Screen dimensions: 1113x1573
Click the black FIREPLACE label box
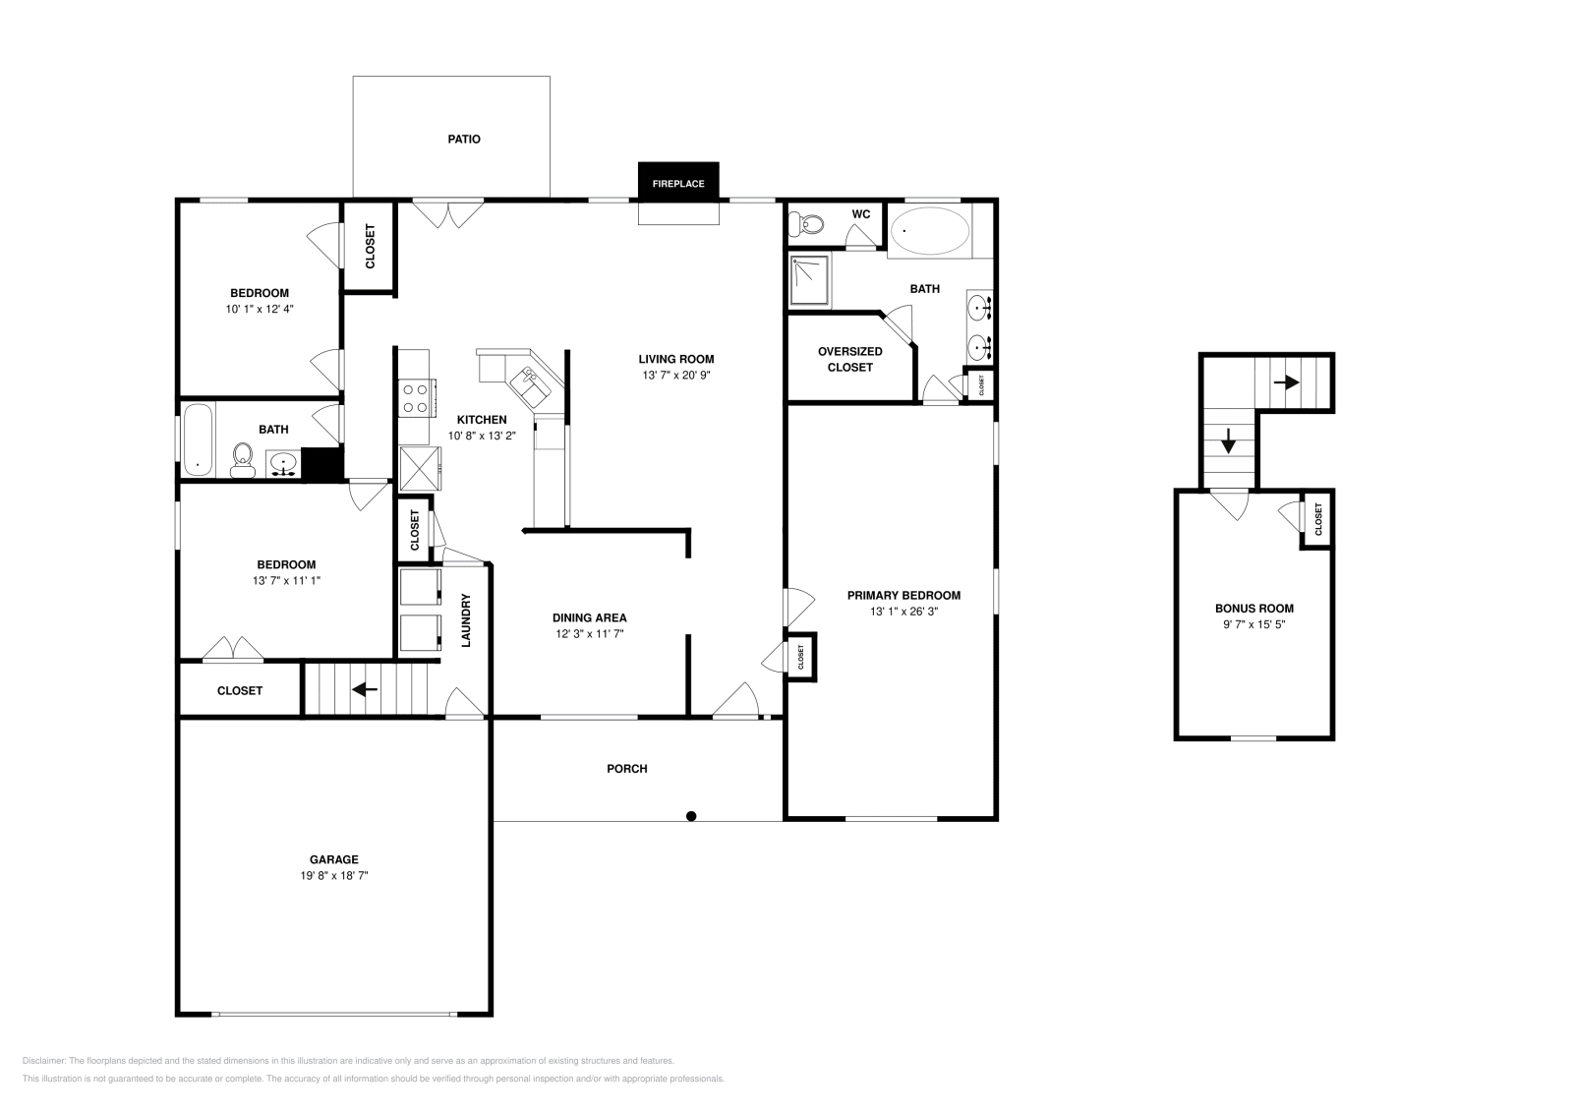[x=678, y=183]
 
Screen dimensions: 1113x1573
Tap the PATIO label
[x=464, y=140]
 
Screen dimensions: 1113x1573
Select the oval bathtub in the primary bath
[x=929, y=231]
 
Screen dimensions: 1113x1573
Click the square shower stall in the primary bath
[x=810, y=279]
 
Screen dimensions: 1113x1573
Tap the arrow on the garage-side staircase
[x=366, y=689]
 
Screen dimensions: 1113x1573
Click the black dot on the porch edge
[x=691, y=816]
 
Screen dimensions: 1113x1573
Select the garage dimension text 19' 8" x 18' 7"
[x=334, y=875]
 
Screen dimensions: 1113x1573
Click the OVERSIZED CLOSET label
[x=849, y=359]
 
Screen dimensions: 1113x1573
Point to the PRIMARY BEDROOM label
[x=903, y=595]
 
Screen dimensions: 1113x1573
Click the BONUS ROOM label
[x=1253, y=609]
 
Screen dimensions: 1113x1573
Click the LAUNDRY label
[x=467, y=620]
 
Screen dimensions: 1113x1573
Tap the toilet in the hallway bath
[x=242, y=459]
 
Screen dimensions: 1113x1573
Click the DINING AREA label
[x=589, y=617]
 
